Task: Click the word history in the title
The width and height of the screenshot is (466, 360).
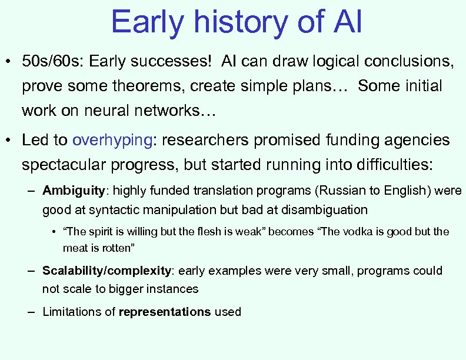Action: click(x=220, y=22)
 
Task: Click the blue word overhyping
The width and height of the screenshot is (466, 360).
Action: click(x=112, y=140)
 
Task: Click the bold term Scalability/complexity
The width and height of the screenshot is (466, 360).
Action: click(x=106, y=271)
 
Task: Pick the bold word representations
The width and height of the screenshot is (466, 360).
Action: click(x=165, y=312)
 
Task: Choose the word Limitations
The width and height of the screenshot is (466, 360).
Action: click(x=73, y=312)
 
